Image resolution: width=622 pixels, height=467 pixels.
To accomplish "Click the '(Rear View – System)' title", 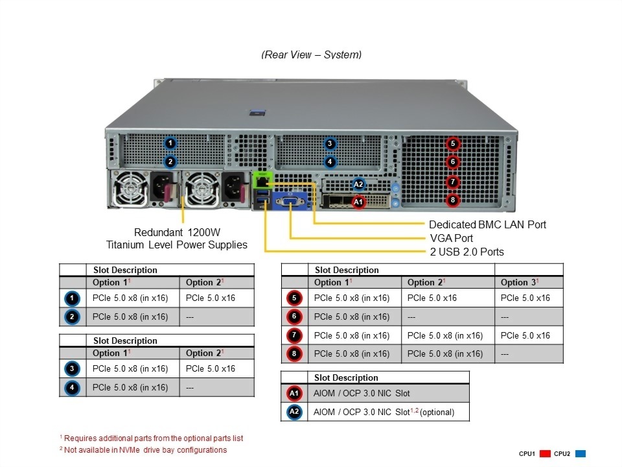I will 311,54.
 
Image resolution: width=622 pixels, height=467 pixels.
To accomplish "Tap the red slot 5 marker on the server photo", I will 453,143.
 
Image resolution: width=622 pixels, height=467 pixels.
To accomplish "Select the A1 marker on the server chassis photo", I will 358,202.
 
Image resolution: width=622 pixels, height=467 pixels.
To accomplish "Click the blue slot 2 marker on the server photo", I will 170,162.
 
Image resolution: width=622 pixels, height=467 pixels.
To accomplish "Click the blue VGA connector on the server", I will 290,202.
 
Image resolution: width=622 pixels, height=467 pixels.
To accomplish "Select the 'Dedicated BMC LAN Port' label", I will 487,224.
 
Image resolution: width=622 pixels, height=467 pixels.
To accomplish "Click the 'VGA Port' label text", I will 451,238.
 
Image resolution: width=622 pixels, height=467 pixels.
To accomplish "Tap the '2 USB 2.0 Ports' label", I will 466,252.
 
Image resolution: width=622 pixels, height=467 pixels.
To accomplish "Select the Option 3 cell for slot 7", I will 525,335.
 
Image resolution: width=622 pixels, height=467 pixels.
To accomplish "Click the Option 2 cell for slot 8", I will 445,353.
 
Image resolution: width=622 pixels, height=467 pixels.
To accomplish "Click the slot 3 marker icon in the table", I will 73,368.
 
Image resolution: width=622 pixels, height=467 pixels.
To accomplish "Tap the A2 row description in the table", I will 384,412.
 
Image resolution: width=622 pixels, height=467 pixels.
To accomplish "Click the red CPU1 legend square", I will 545,453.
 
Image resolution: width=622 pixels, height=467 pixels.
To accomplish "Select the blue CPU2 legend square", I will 581,453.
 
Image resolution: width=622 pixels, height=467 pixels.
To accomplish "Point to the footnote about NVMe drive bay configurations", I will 143,450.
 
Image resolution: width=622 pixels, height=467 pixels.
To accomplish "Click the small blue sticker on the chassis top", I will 257,112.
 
